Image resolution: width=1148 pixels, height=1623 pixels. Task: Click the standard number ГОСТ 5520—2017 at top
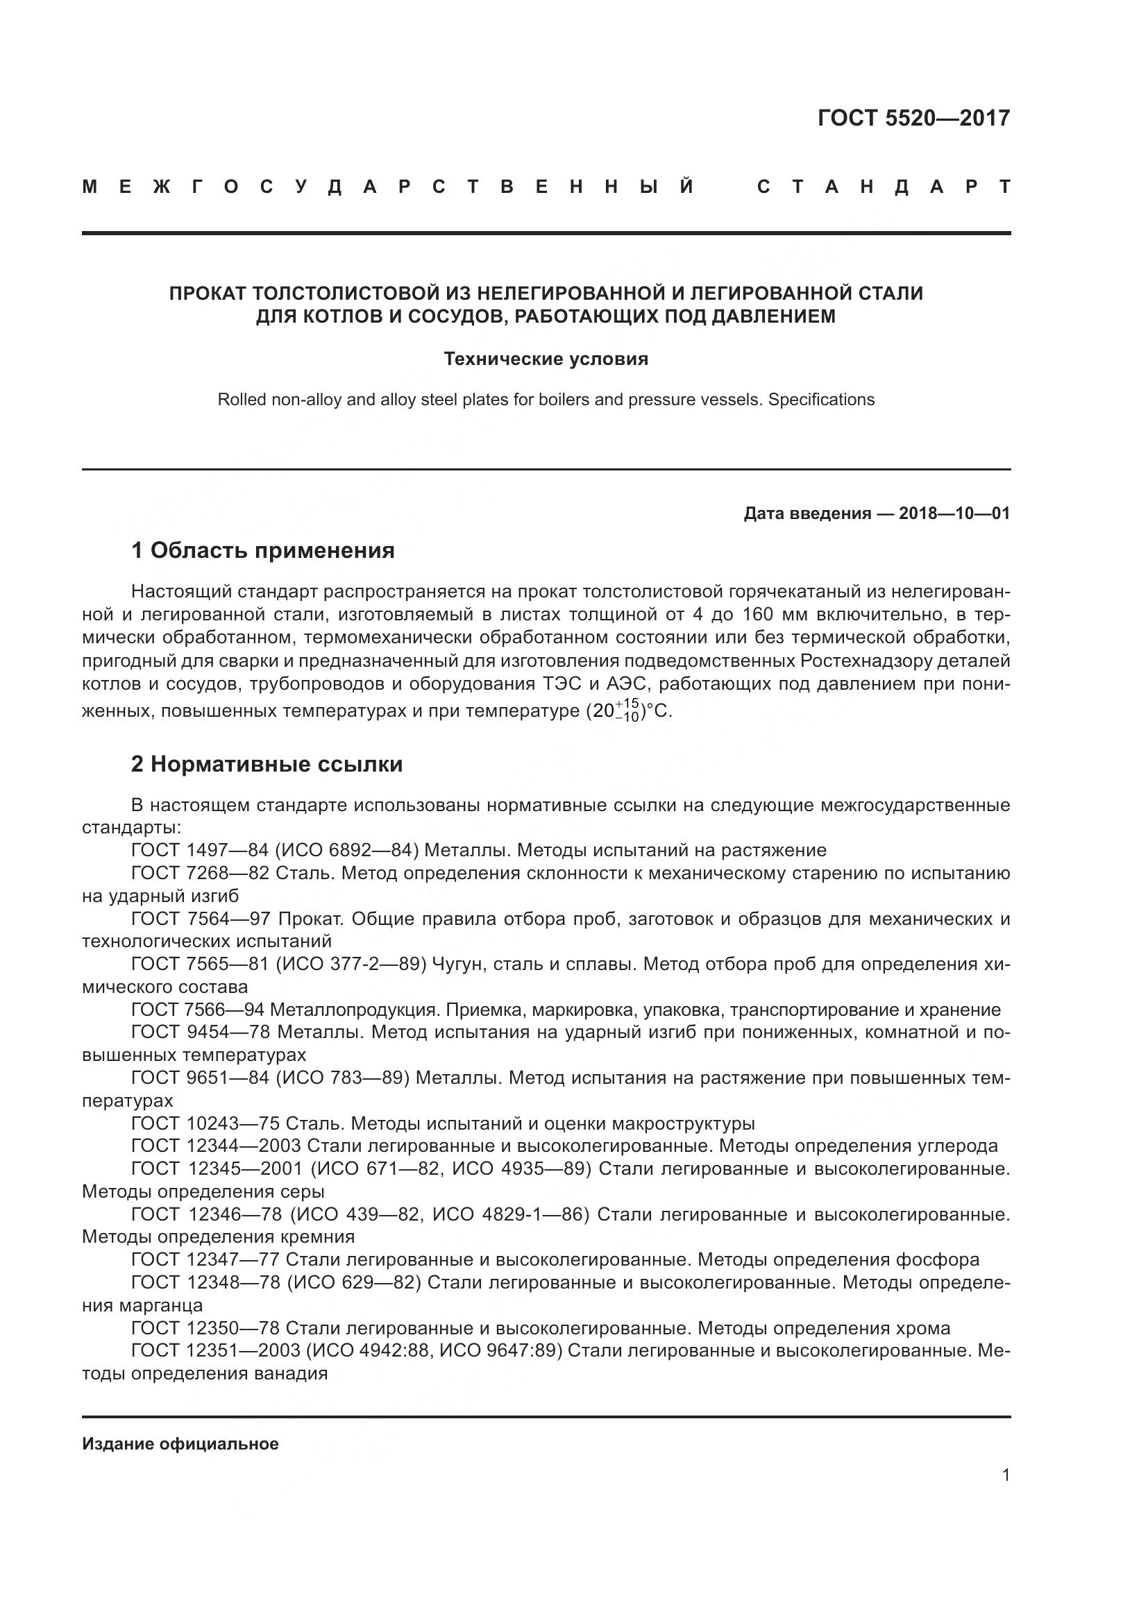tap(913, 118)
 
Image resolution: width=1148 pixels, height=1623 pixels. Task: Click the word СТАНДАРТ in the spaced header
tap(884, 187)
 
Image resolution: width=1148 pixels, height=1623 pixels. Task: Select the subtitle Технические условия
tap(546, 359)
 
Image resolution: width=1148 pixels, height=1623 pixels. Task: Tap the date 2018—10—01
tap(954, 514)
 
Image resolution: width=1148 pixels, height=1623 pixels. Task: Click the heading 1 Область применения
tap(263, 551)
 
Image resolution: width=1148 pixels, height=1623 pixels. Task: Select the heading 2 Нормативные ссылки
tap(267, 765)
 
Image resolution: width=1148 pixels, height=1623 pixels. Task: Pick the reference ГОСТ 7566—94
tap(197, 1010)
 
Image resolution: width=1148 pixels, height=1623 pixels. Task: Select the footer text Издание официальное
tap(180, 1444)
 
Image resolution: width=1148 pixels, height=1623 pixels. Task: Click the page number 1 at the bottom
tap(1005, 1475)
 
